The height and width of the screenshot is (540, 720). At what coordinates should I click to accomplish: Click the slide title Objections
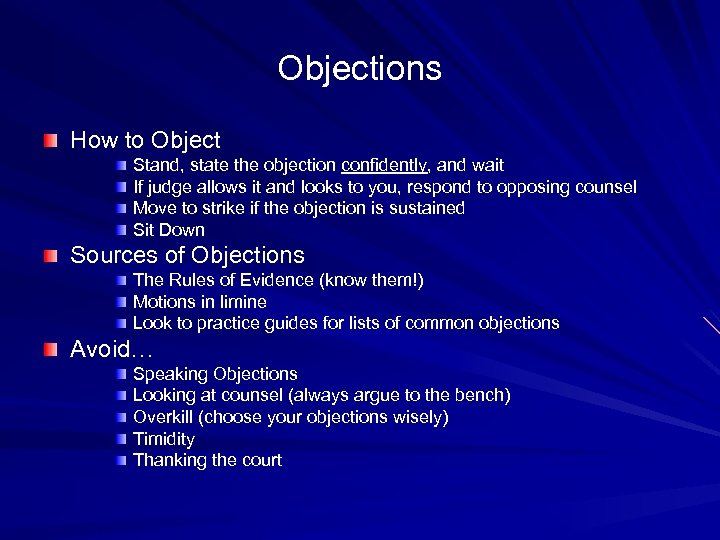(x=359, y=69)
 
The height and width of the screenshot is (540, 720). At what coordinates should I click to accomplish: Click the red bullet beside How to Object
(x=50, y=141)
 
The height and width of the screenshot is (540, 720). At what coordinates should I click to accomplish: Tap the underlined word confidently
(x=383, y=165)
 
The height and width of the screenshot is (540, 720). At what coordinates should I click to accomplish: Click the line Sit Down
(x=168, y=230)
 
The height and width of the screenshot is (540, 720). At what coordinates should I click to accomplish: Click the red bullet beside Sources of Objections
(x=50, y=256)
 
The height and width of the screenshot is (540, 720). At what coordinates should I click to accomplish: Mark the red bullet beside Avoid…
(x=50, y=350)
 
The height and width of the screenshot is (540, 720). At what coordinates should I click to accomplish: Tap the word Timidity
(x=164, y=439)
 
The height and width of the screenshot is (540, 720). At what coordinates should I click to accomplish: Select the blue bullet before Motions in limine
(x=120, y=302)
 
